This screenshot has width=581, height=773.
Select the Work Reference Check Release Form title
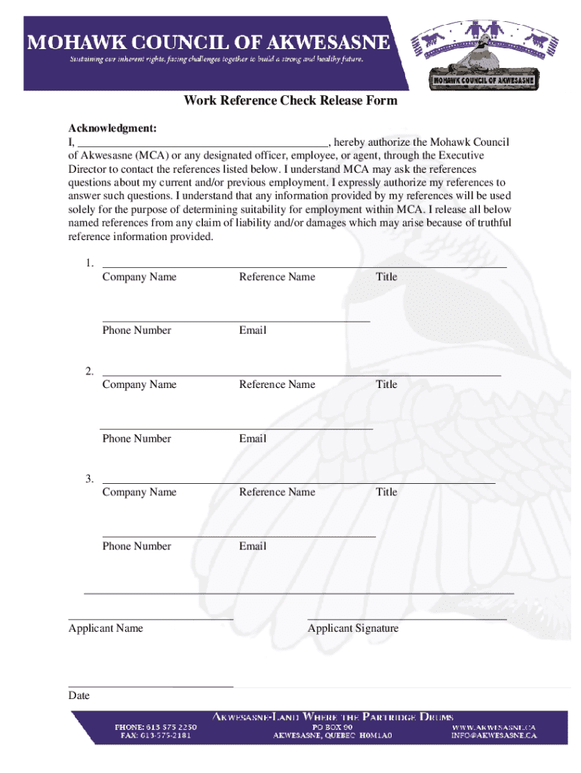[290, 101]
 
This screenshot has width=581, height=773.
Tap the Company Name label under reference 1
[139, 277]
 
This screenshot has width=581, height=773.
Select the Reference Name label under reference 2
[277, 385]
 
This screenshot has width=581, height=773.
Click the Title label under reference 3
[386, 492]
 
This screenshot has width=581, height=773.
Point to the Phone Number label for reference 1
[137, 331]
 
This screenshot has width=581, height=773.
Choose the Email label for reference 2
[252, 439]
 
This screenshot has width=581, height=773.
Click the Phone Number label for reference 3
[137, 547]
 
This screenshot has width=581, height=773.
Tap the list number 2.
[89, 371]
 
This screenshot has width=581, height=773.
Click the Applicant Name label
[106, 629]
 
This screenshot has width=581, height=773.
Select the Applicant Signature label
[353, 629]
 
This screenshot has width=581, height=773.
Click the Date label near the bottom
[78, 696]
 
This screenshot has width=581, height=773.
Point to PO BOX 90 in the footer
[333, 726]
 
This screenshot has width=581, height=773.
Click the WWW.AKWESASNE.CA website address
[493, 726]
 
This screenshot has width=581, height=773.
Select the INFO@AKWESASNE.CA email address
[494, 735]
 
